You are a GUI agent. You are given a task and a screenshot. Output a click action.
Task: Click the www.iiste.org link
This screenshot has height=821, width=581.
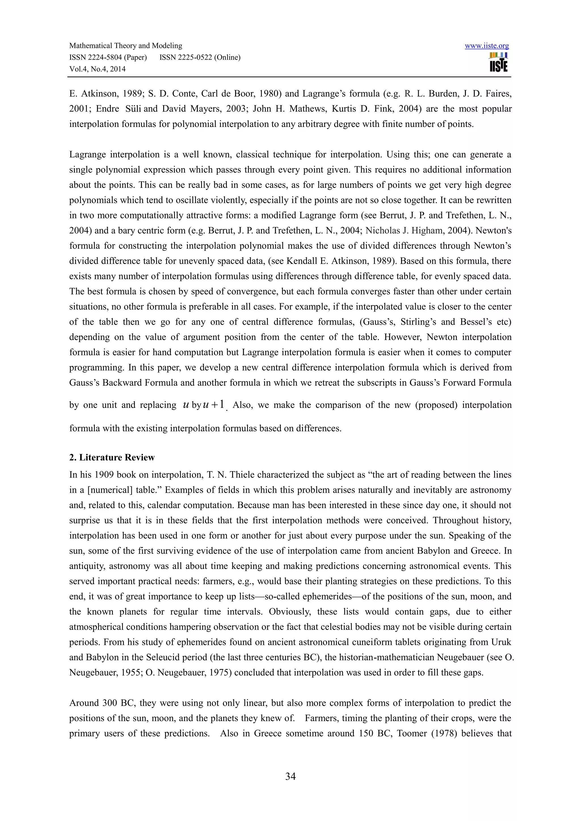(x=487, y=46)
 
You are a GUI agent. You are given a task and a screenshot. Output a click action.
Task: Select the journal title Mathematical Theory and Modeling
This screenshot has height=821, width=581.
(x=126, y=46)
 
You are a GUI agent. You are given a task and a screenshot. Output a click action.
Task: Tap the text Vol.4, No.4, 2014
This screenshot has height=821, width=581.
(x=97, y=69)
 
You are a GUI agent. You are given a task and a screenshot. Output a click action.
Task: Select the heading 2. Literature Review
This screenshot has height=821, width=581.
(x=112, y=457)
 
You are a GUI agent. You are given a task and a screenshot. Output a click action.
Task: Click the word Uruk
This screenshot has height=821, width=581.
(x=501, y=642)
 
